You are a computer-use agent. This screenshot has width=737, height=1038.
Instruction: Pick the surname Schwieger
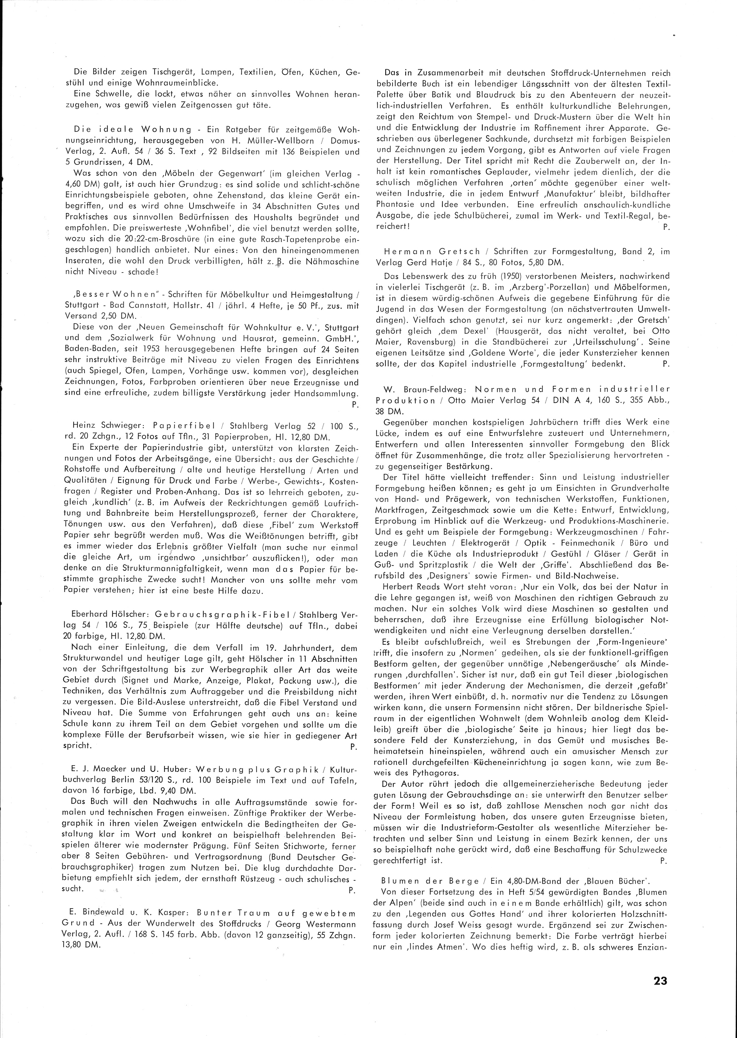pyautogui.click(x=122, y=426)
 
